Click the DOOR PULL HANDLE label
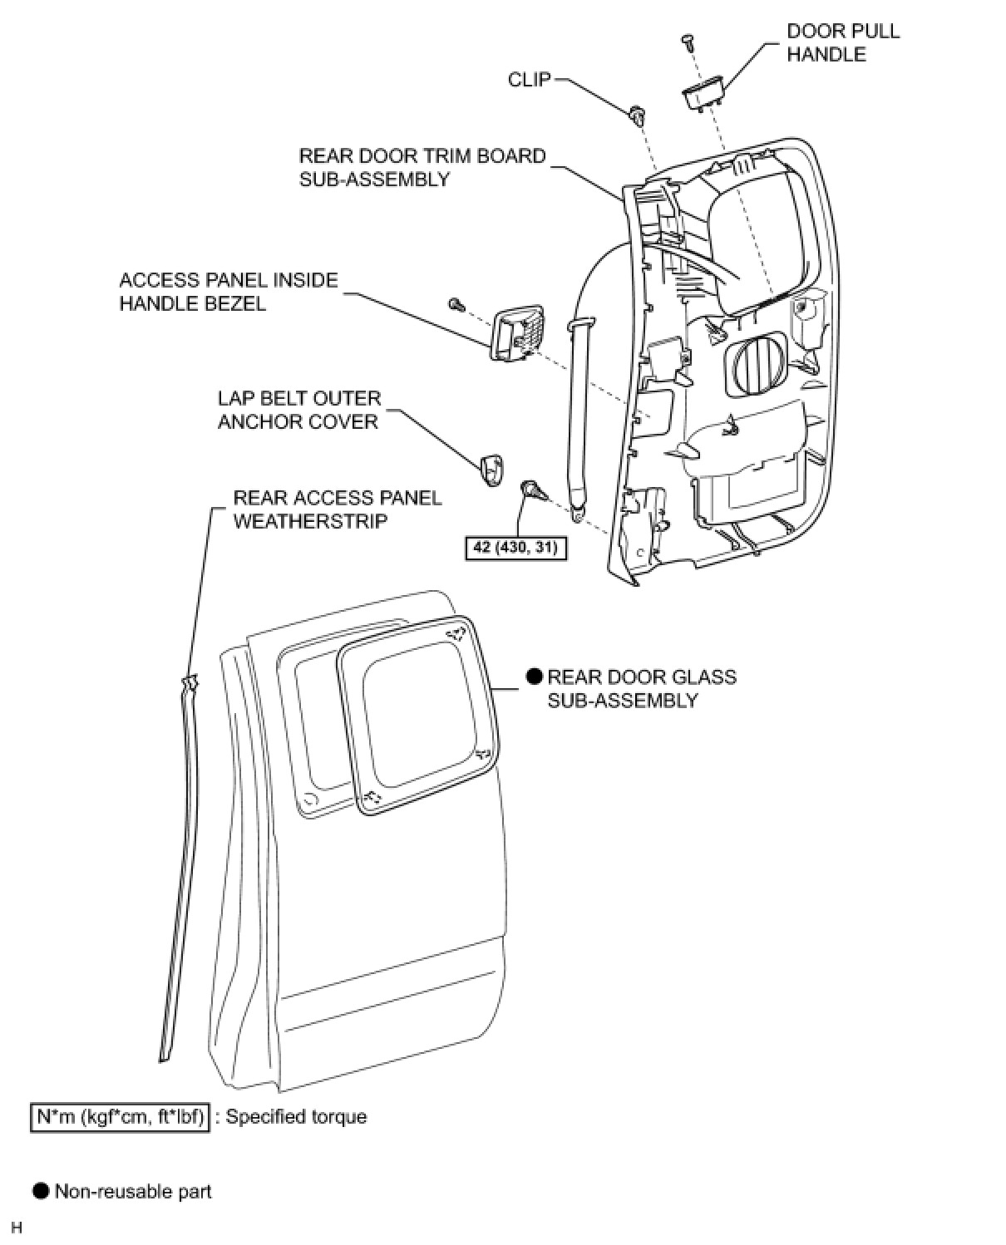pos(843,42)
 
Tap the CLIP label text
pos(529,80)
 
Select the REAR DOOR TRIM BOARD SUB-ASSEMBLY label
pos(422,167)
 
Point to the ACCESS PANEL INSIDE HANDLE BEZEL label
pos(229,292)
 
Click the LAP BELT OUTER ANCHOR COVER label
pos(299,410)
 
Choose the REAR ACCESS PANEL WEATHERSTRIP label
pos(338,509)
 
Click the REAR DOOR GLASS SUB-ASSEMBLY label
pos(641,688)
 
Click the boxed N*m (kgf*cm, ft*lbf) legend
pos(120,1117)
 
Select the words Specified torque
pos(296,1117)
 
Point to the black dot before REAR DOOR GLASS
pos(534,677)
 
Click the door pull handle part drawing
pos(704,95)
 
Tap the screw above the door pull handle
pos(688,42)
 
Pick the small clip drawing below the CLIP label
pos(637,116)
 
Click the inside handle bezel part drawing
pos(517,333)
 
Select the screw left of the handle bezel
pos(456,304)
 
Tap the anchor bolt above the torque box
pos(534,490)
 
